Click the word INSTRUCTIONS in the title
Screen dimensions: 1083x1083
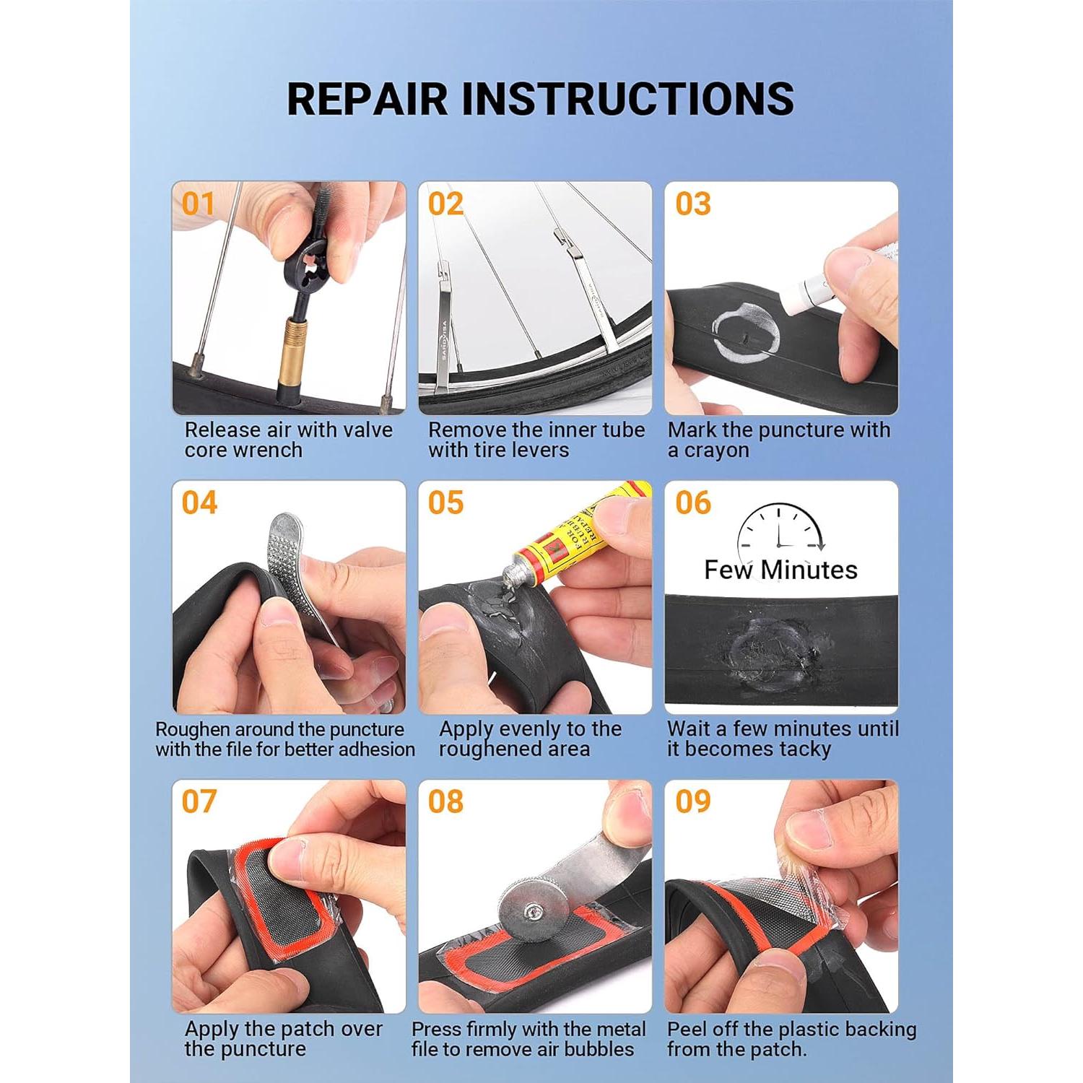[x=627, y=99]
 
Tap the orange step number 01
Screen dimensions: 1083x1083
[x=198, y=204]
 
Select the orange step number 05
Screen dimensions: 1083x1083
[x=445, y=503]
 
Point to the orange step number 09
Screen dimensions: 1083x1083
[x=692, y=801]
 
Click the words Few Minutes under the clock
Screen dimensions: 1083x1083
[x=780, y=570]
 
